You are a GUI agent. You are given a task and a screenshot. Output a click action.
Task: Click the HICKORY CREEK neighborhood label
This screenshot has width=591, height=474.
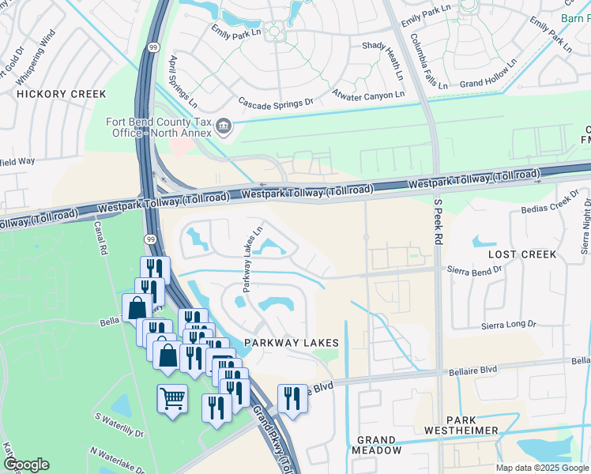62,94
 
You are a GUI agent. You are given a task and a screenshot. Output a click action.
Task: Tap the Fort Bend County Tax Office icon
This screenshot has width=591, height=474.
224,126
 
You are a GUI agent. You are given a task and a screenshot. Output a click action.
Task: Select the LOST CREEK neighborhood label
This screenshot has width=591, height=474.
522,255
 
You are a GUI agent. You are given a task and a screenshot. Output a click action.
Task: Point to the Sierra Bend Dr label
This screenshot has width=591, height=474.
475,269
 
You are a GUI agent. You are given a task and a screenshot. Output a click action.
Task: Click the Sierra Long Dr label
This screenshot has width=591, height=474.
509,325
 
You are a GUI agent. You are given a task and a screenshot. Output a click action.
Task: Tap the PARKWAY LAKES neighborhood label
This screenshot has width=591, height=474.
291,343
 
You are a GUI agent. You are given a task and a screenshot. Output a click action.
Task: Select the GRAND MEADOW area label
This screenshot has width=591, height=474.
375,445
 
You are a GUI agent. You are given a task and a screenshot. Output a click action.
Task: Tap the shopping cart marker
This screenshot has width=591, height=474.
172,397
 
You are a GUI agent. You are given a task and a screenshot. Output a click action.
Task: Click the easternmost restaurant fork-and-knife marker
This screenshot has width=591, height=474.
292,397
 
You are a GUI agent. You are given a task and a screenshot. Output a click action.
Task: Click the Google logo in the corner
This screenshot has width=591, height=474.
26,465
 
